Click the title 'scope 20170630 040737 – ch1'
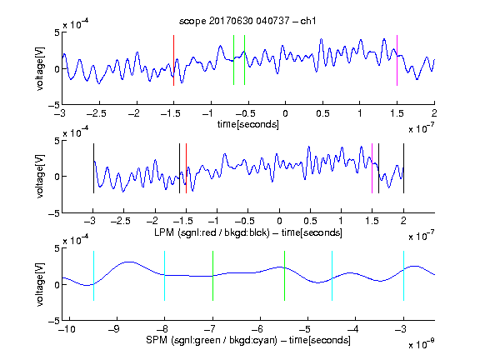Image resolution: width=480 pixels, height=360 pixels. pyautogui.click(x=247, y=21)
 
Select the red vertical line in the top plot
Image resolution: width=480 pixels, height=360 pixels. pyautogui.click(x=173, y=60)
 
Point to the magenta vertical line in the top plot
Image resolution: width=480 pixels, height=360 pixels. pyautogui.click(x=397, y=60)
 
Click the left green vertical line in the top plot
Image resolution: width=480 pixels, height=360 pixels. pyautogui.click(x=233, y=60)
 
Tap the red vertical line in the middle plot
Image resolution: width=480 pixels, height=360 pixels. pyautogui.click(x=186, y=168)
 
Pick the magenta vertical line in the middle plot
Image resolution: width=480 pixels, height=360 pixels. pyautogui.click(x=372, y=168)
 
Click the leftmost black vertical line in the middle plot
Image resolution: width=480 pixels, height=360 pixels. pyautogui.click(x=93, y=168)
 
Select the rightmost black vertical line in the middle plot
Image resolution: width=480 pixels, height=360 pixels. pyautogui.click(x=403, y=168)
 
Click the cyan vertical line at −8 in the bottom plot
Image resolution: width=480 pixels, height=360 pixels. pyautogui.click(x=164, y=276)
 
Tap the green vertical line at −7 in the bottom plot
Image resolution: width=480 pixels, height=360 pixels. pyautogui.click(x=212, y=276)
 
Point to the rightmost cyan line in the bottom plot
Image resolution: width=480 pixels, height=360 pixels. pyautogui.click(x=403, y=276)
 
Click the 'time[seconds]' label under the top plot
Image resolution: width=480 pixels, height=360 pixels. pyautogui.click(x=248, y=124)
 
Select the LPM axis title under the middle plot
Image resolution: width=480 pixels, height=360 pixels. pyautogui.click(x=248, y=232)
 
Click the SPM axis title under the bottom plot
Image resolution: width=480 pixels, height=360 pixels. pyautogui.click(x=248, y=340)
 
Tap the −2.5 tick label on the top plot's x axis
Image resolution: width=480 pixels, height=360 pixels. pyautogui.click(x=96, y=113)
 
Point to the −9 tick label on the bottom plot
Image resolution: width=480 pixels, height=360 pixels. pyautogui.click(x=114, y=329)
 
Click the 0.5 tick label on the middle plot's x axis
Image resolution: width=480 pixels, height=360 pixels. pyautogui.click(x=310, y=221)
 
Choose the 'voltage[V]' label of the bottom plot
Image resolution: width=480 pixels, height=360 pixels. pyautogui.click(x=40, y=284)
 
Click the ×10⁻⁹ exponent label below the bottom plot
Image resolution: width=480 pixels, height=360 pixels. pyautogui.click(x=421, y=344)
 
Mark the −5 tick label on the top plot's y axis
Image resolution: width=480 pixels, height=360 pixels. pyautogui.click(x=54, y=105)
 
